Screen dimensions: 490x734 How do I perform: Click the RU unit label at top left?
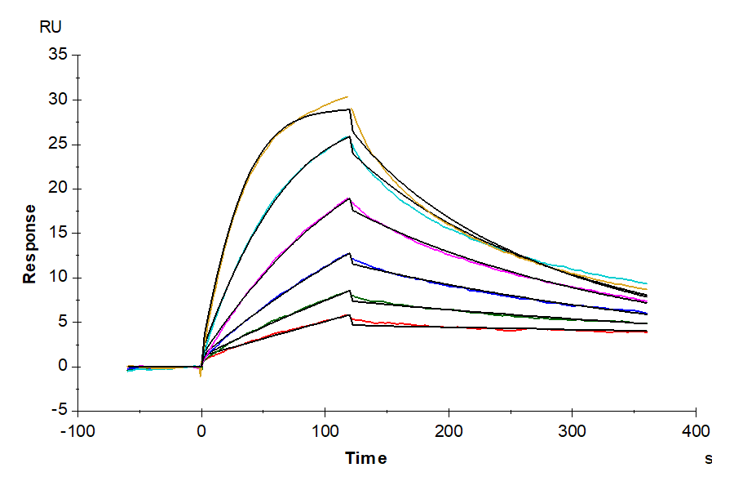51,27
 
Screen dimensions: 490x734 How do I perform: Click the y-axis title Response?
29,243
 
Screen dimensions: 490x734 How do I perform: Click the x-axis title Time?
366,458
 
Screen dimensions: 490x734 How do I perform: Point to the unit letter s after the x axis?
709,459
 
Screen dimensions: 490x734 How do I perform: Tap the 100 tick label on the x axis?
325,431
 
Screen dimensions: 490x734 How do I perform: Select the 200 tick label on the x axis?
449,431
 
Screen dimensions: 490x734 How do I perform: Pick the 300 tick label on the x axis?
573,431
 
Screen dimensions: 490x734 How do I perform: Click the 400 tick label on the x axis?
696,431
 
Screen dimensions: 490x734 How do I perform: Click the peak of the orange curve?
347,96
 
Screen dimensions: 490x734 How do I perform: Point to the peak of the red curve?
349,315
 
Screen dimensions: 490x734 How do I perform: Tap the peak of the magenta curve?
349,198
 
